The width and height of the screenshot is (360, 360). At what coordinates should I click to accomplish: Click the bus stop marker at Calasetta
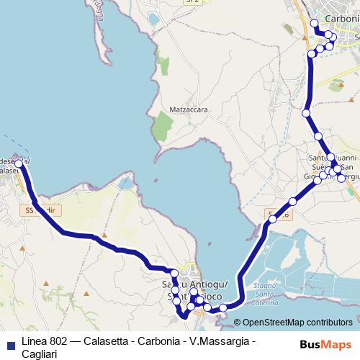(19, 163)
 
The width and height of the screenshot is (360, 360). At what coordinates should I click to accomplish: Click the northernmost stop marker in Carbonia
(313, 23)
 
